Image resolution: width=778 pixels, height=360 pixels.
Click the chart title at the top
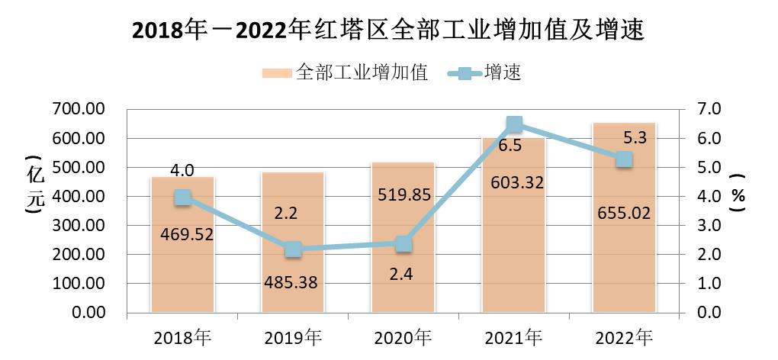(x=389, y=30)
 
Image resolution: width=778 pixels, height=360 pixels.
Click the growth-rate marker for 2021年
(x=514, y=124)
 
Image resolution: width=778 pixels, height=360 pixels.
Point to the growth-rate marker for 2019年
(x=293, y=249)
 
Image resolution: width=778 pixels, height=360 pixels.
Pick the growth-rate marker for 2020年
(x=403, y=244)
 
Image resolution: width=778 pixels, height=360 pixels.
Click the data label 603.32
(x=514, y=181)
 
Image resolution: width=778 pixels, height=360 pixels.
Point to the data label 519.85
(x=403, y=194)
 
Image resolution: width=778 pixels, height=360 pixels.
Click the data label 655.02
(x=625, y=213)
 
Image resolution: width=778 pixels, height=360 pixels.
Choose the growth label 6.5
(x=510, y=146)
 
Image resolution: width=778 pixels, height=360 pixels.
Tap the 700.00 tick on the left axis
(x=79, y=110)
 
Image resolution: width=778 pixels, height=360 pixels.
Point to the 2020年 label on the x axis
(x=403, y=336)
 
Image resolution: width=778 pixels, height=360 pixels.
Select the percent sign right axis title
(x=738, y=199)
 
